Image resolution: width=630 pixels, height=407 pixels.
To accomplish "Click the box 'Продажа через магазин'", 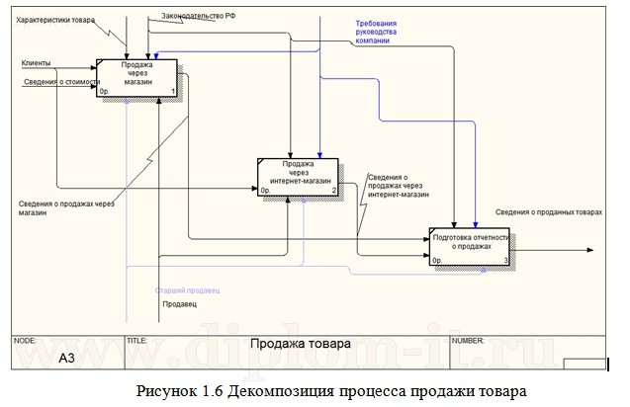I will (137, 78).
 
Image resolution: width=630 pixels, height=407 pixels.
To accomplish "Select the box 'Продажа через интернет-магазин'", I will (298, 176).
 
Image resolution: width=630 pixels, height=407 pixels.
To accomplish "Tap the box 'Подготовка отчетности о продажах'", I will (471, 247).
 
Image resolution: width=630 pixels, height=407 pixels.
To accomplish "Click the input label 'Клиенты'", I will (37, 64).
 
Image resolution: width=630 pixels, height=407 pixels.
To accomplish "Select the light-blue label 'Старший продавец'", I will (187, 291).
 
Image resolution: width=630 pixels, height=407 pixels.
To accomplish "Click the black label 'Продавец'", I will (179, 304).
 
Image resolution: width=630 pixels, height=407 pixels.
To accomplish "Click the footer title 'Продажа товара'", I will (299, 345).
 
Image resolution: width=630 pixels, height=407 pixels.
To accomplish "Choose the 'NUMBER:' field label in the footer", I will (468, 339).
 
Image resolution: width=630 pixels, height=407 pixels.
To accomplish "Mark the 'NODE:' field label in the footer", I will (25, 339).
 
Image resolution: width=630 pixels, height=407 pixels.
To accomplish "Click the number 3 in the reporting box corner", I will (505, 261).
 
